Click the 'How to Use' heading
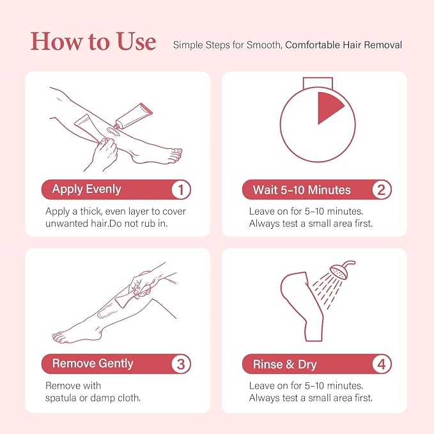pyautogui.click(x=93, y=42)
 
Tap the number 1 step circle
pyautogui.click(x=181, y=190)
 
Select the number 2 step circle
pyautogui.click(x=382, y=190)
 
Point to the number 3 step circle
pyautogui.click(x=181, y=364)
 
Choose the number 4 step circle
pyautogui.click(x=382, y=364)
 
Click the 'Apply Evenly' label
pyautogui.click(x=87, y=189)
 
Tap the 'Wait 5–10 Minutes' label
pyautogui.click(x=302, y=190)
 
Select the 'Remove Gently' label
pyautogui.click(x=93, y=364)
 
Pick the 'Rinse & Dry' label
pyautogui.click(x=285, y=364)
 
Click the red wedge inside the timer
pyautogui.click(x=328, y=107)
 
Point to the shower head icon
pyautogui.click(x=341, y=270)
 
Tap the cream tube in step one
pyautogui.click(x=134, y=116)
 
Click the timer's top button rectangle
pyautogui.click(x=318, y=83)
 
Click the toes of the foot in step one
pyautogui.click(x=175, y=156)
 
